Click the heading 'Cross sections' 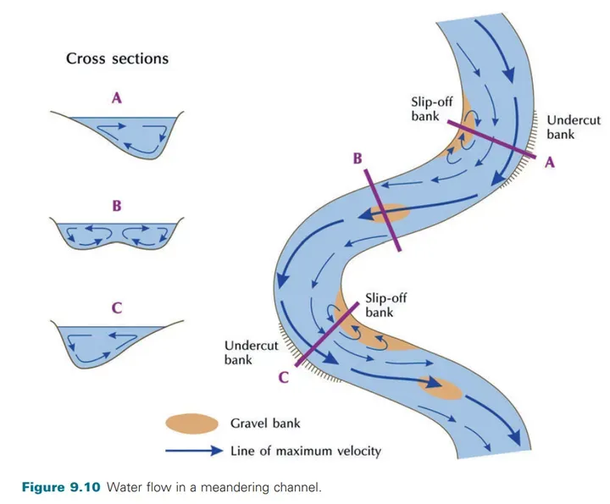(117, 59)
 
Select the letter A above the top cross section (117, 98)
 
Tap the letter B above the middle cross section (117, 206)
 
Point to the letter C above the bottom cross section (117, 308)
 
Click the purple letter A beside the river (548, 163)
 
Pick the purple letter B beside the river (358, 159)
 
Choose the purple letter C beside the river (285, 379)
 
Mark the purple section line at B (382, 209)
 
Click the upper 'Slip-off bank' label (432, 108)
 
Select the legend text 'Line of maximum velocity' (305, 451)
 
